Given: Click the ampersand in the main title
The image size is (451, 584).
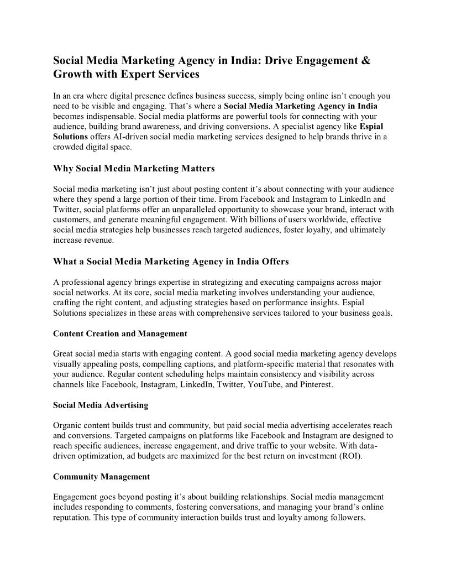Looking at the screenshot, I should point(365,60).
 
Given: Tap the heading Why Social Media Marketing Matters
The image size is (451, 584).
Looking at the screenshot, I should point(134,168).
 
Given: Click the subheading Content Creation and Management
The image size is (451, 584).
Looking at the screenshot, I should point(120,333).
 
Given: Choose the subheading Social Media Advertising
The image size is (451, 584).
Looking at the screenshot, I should point(101,405).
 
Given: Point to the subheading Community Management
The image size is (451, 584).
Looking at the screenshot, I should point(101,476).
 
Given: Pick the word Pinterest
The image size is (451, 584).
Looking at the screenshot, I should point(313,384).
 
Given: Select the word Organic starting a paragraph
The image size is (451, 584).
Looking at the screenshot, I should point(67,425).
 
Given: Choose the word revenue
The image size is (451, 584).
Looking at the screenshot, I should point(99,241).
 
